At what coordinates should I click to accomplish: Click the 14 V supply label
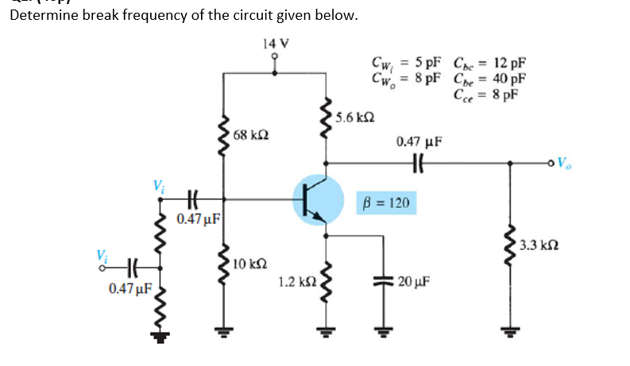275,42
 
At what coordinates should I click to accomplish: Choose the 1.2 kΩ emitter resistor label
294,281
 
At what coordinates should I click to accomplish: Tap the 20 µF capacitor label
418,282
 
